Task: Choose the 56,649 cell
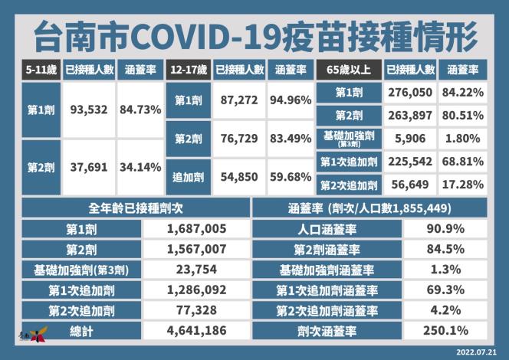pyautogui.click(x=411, y=185)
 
